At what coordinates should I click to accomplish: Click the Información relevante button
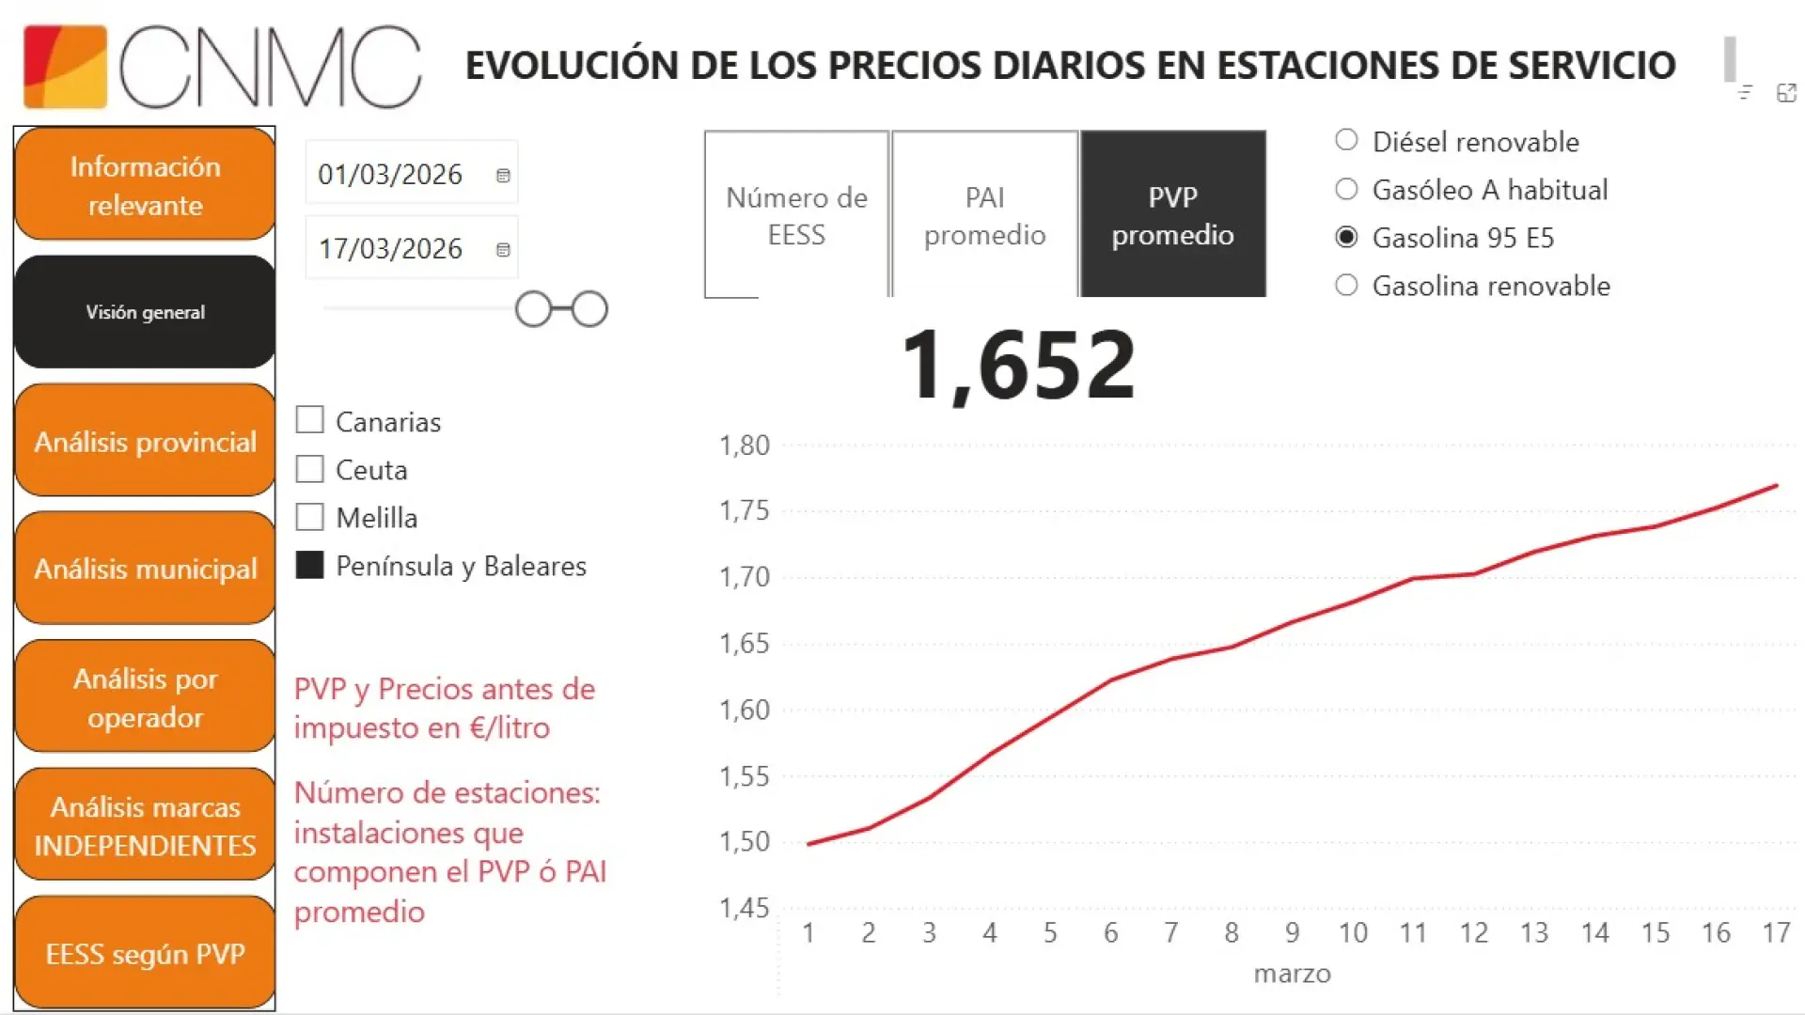pos(145,185)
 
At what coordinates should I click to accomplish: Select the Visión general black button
pos(145,312)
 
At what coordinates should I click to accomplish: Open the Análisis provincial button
pos(145,442)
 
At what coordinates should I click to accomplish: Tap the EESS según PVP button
pos(145,954)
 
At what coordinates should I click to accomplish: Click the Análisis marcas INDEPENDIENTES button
pos(145,826)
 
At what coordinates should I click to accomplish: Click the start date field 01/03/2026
pos(390,175)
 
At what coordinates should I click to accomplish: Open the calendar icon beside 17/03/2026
pos(503,250)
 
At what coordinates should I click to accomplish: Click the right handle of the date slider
pos(589,309)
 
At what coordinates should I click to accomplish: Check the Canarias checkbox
pos(309,420)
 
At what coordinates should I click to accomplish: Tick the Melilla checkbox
pos(309,517)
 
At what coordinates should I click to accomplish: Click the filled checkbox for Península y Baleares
pos(309,565)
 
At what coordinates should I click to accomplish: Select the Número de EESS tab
pos(796,215)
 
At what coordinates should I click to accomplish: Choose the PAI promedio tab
pos(984,215)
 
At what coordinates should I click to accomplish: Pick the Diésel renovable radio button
pos(1346,141)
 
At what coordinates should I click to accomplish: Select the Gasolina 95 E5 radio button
pos(1346,237)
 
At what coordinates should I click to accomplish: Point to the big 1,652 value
pos(1018,365)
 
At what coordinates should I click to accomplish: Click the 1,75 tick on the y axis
pos(744,510)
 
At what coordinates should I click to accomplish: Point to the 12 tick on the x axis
pos(1473,933)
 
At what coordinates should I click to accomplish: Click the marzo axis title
pos(1292,974)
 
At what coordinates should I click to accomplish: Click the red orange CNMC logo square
pos(65,67)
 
